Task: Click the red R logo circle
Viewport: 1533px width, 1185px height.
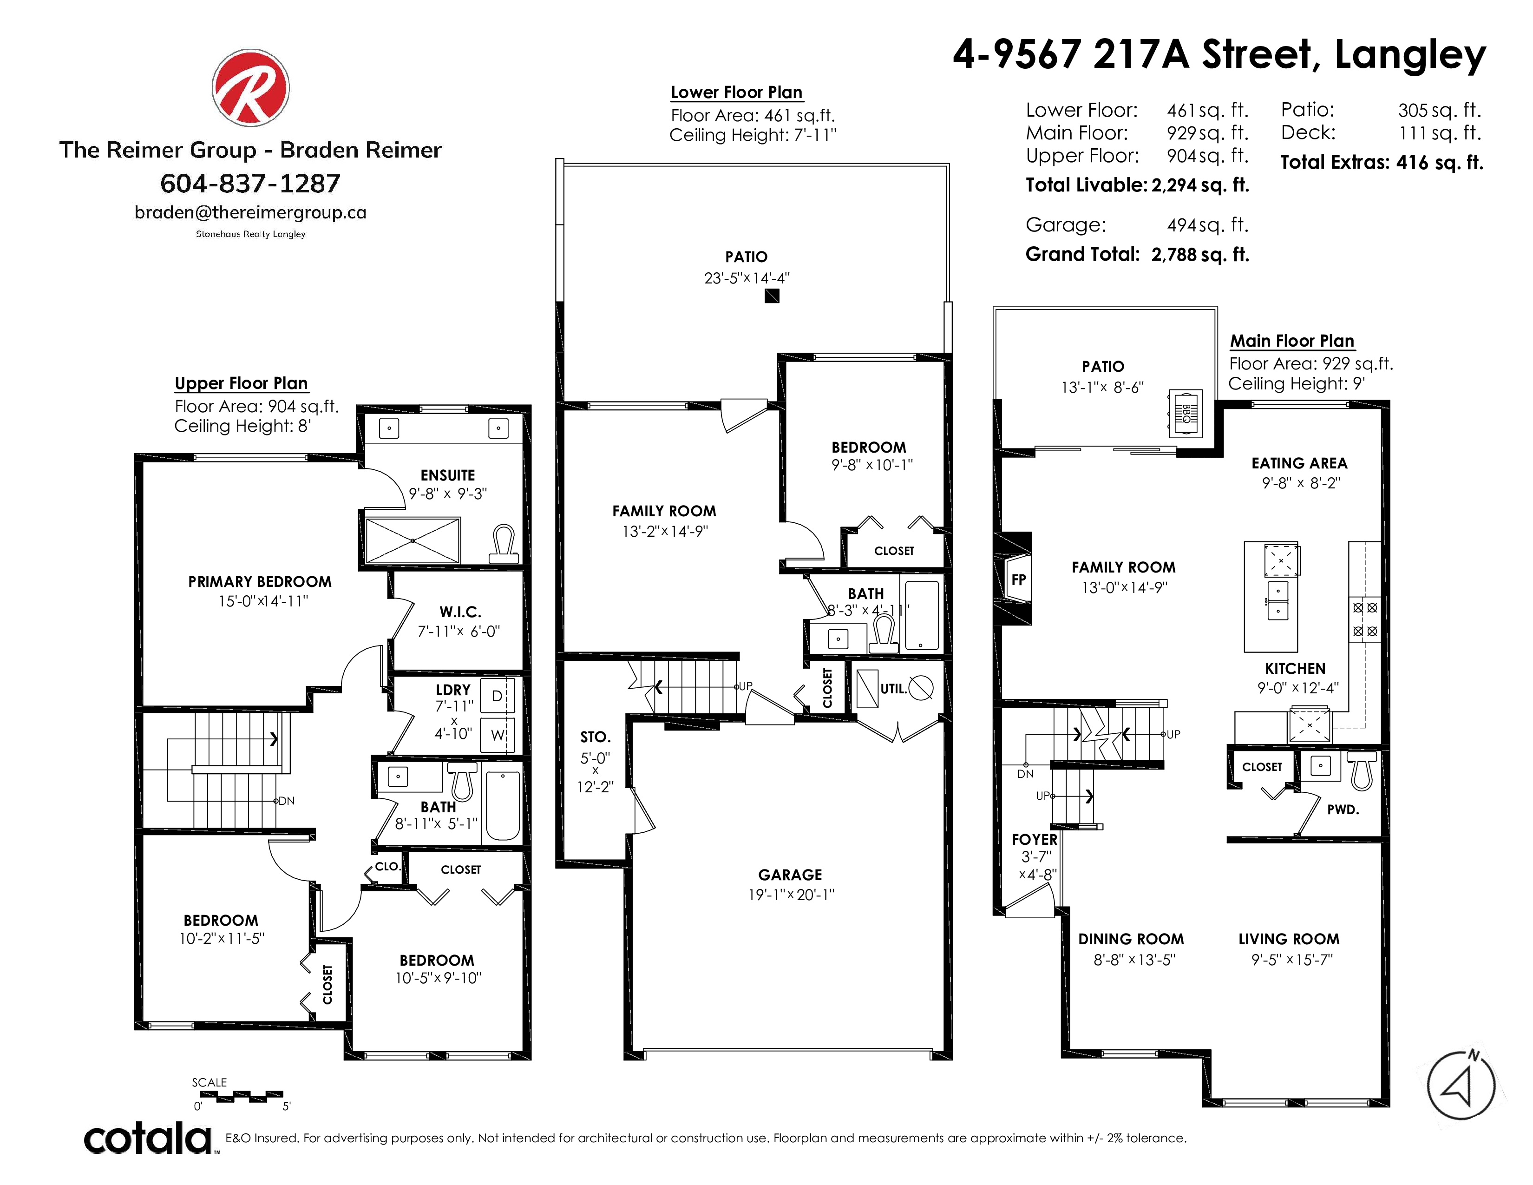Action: click(250, 88)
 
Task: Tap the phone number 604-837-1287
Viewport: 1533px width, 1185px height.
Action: click(250, 184)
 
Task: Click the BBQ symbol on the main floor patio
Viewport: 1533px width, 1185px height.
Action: click(1185, 414)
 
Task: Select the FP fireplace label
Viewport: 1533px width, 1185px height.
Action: click(1018, 580)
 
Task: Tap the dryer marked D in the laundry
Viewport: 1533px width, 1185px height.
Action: click(497, 697)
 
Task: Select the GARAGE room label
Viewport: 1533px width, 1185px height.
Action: click(790, 875)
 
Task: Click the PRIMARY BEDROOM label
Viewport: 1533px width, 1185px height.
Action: click(260, 582)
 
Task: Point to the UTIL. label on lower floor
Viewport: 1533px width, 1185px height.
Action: click(893, 689)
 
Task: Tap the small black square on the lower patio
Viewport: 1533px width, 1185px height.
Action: click(772, 296)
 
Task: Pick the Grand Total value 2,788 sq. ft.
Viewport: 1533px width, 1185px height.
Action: click(1200, 254)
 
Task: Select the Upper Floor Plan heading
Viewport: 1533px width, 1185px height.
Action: click(242, 383)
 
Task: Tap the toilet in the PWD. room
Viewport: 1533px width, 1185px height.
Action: click(1362, 771)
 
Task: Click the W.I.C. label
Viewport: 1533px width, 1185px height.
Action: click(460, 612)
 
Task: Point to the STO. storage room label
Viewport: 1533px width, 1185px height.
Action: click(595, 737)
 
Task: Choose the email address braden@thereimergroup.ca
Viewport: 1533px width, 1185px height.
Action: click(250, 213)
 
